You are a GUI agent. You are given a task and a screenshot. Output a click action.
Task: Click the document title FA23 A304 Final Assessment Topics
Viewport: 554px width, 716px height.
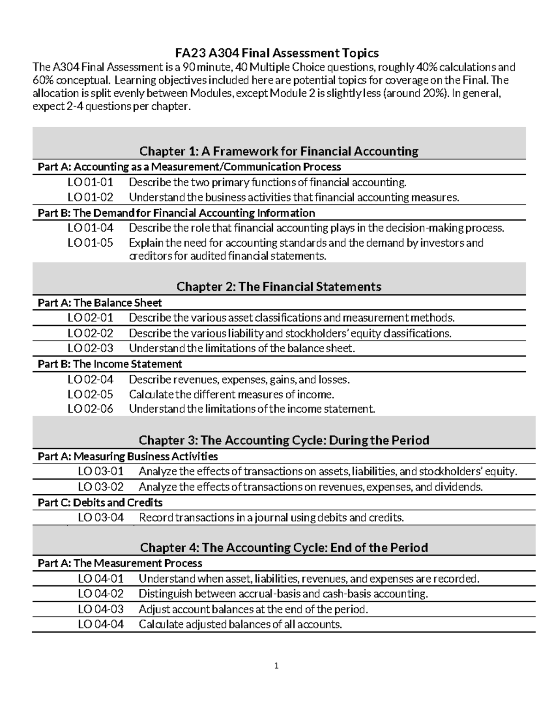click(277, 53)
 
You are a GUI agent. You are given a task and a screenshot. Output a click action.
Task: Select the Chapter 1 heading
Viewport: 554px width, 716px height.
click(279, 151)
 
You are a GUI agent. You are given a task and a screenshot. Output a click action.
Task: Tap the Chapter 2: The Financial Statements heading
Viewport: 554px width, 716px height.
click(279, 287)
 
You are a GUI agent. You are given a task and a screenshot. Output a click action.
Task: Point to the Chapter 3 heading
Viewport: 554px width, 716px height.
click(284, 440)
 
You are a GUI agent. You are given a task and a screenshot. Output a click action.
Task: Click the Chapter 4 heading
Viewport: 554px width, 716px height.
click(284, 547)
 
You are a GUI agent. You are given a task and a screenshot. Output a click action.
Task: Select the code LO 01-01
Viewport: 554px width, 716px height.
click(90, 183)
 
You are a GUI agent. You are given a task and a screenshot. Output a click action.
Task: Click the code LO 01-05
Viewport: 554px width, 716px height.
click(90, 243)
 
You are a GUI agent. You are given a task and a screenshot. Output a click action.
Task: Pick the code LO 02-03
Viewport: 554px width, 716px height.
click(90, 348)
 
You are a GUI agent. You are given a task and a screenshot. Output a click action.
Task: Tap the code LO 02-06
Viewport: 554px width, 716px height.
click(90, 409)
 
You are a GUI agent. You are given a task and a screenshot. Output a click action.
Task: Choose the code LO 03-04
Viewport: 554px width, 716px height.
click(101, 518)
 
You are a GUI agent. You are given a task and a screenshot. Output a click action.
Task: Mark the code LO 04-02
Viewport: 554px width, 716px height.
click(101, 594)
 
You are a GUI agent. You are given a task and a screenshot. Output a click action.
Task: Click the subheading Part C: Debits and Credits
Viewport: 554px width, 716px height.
click(100, 503)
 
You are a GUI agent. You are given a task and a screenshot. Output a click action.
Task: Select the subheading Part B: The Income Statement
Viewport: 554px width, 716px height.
click(110, 364)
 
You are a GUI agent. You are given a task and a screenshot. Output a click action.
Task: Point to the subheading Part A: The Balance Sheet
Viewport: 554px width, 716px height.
click(100, 303)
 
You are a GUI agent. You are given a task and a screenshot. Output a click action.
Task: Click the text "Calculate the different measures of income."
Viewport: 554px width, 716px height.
click(231, 395)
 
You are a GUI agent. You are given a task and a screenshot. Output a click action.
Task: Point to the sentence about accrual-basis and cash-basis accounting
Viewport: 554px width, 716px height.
click(283, 594)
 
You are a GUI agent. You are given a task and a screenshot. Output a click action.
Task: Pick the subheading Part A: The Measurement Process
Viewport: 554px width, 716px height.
click(120, 563)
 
